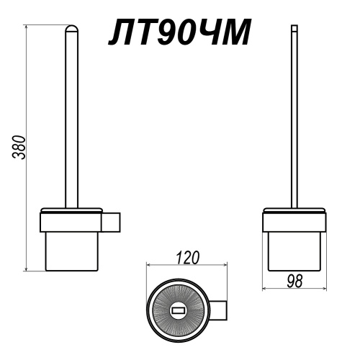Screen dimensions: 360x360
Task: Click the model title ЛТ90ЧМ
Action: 179,32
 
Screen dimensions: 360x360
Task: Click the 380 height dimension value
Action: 19,148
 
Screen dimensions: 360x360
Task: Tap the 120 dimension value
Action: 188,257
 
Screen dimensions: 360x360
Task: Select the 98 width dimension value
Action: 294,281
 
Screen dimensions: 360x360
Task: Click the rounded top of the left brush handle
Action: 72,28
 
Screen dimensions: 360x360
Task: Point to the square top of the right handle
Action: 294,28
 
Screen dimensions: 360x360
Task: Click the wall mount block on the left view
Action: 111,222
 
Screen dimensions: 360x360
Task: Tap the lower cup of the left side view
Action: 72,251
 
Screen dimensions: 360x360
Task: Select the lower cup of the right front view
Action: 294,251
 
